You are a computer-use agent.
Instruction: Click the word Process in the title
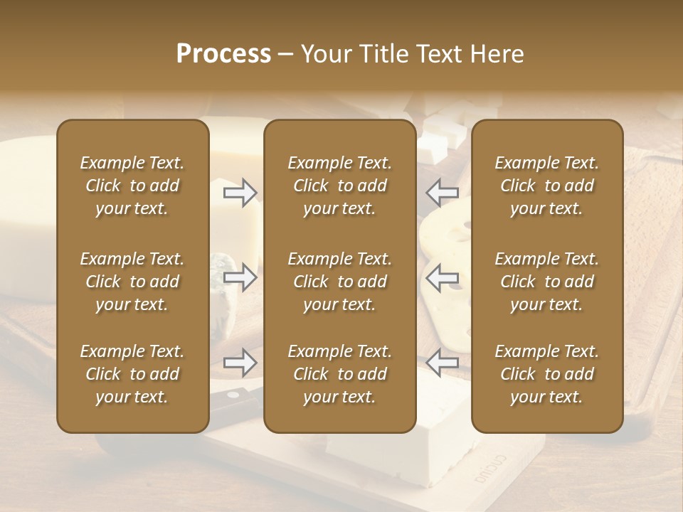(x=223, y=54)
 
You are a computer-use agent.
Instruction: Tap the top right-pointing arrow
(x=240, y=192)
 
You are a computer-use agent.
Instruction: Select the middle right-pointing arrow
(x=240, y=277)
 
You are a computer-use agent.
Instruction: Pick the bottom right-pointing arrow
(x=240, y=363)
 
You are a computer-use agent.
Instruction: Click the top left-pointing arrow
(x=442, y=192)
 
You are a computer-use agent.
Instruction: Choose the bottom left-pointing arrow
(x=442, y=363)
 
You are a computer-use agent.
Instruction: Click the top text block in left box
(x=132, y=186)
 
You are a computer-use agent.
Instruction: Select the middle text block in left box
(x=132, y=282)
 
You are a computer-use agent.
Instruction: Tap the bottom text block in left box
(x=132, y=374)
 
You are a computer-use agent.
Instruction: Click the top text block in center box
(x=339, y=186)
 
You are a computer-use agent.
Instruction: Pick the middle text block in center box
(x=339, y=282)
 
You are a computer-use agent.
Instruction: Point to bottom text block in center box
(x=339, y=374)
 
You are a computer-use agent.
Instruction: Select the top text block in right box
(x=546, y=186)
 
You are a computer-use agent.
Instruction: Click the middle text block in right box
(x=546, y=282)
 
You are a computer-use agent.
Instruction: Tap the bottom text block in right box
(x=546, y=374)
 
